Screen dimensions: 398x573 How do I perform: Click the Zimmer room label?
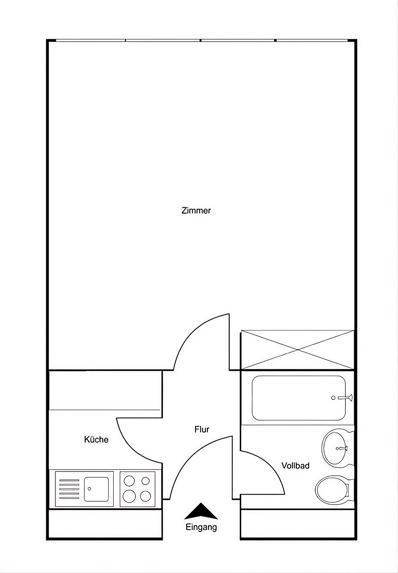196,211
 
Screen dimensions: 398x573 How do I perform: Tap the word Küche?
96,439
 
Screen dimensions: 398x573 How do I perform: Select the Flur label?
202,429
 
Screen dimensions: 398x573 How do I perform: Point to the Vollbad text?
295,466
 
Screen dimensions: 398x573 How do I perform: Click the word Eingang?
201,527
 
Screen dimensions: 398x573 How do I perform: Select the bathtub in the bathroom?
299,398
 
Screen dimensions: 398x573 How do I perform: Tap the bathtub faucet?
345,398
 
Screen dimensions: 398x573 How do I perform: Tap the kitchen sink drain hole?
89,488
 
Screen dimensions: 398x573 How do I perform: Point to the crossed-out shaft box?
298,350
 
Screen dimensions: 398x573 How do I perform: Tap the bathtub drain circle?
333,398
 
